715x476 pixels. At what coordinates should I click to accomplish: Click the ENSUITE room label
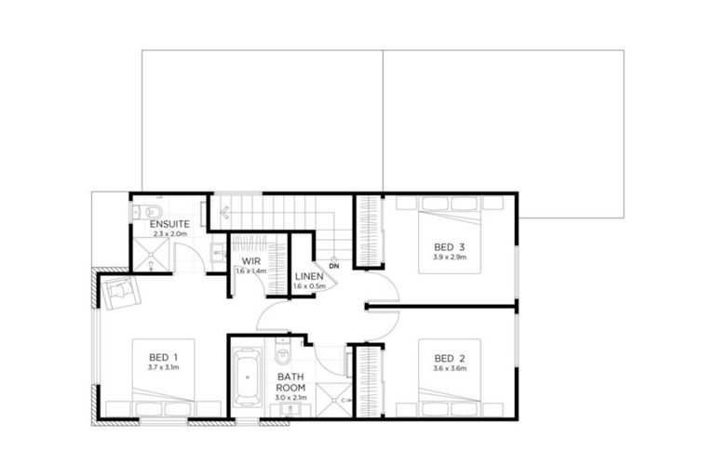point(169,224)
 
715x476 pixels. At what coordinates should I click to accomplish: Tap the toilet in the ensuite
point(153,209)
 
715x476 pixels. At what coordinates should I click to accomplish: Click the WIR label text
point(250,261)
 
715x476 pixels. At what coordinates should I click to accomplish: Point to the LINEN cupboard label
point(308,276)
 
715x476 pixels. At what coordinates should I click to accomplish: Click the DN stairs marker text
point(333,266)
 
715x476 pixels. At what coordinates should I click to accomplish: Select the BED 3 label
point(449,246)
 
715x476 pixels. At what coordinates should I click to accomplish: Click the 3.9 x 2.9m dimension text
point(449,258)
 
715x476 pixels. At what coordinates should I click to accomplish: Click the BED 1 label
point(163,358)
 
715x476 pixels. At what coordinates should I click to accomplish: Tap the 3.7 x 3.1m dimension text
point(163,369)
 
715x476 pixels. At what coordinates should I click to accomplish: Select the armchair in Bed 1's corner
point(121,293)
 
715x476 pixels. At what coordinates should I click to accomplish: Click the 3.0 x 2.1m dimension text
point(290,398)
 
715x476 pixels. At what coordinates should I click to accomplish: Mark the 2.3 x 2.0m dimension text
point(169,234)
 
